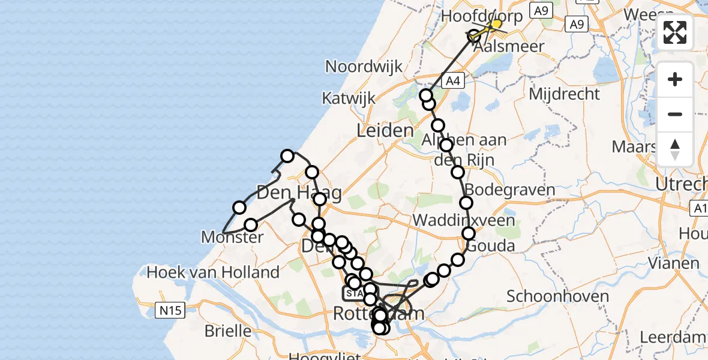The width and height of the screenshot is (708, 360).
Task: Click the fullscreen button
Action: pos(675,32)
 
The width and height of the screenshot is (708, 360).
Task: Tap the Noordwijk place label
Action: pos(364,66)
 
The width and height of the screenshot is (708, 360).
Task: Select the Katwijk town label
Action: pos(348,98)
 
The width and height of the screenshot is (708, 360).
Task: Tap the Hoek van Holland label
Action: pos(213,272)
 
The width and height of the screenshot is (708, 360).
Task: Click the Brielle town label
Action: pos(228,330)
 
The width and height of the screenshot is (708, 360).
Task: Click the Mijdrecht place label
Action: pos(565,94)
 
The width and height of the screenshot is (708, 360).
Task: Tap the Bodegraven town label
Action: pos(510,190)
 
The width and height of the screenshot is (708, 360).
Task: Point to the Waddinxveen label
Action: pos(463,220)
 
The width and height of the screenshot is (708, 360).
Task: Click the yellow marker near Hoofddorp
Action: pos(496,23)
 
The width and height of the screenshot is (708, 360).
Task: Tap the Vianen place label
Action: pos(673,263)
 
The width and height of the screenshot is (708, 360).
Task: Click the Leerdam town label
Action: pos(674,337)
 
